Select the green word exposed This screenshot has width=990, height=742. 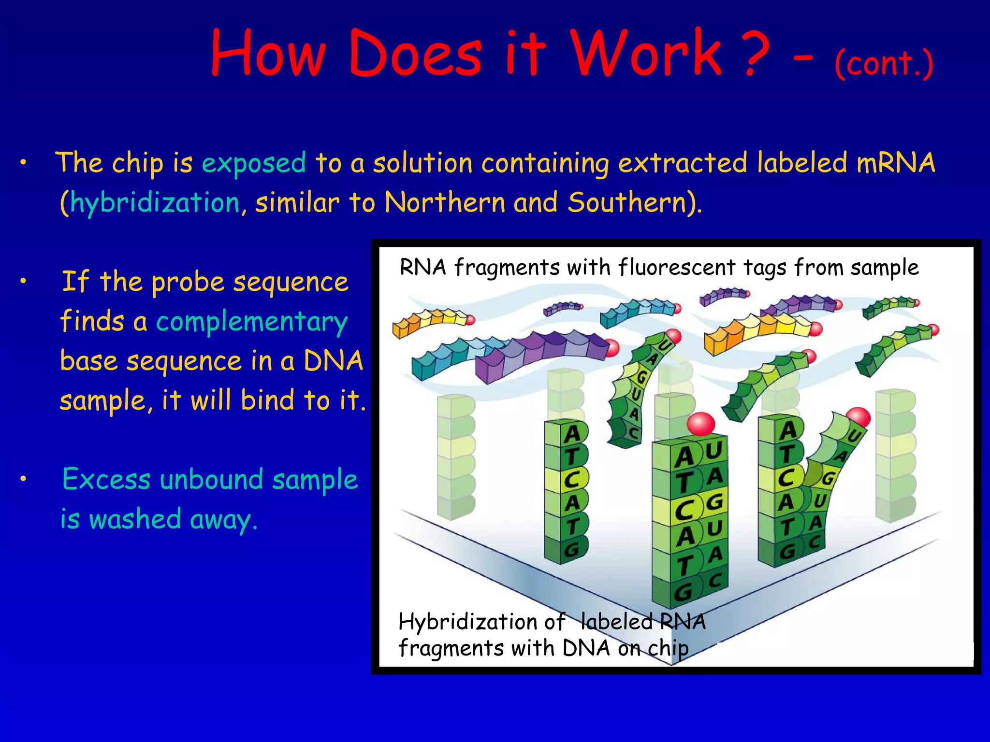(254, 163)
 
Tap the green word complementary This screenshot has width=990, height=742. (252, 322)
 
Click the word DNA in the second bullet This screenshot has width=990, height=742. (333, 361)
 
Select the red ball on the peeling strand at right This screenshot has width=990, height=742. (858, 417)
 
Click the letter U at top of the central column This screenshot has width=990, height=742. (713, 451)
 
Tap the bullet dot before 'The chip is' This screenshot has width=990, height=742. (23, 164)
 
